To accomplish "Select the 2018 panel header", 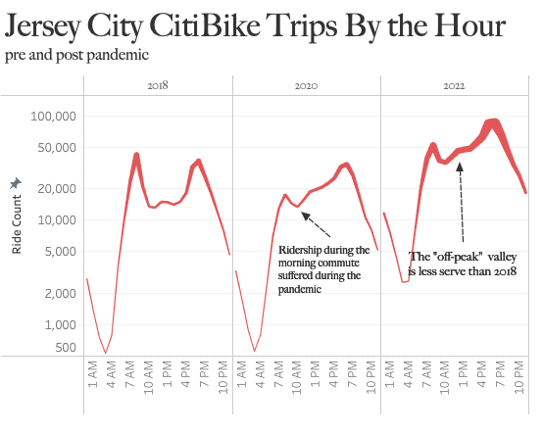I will [158, 86].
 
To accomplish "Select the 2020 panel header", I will [306, 86].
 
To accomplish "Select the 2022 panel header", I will [454, 86].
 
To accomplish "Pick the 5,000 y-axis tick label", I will [61, 252].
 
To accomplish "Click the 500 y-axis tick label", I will [65, 348].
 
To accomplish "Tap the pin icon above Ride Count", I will [15, 183].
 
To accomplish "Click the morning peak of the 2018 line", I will [136, 155].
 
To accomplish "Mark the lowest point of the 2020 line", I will [255, 351].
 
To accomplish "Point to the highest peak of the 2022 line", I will [494, 122].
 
